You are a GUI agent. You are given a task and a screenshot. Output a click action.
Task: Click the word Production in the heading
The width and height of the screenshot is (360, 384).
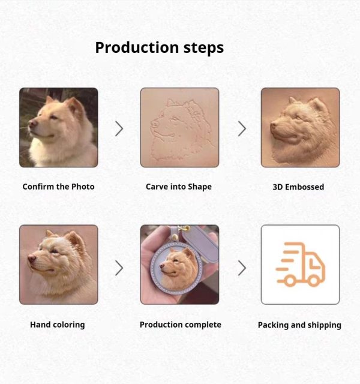(137, 47)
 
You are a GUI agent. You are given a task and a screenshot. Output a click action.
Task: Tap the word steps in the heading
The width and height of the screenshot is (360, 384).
(203, 48)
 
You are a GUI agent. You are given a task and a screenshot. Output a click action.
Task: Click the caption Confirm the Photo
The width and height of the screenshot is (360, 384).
(58, 187)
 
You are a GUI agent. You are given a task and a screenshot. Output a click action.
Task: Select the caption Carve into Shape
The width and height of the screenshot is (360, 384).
(179, 187)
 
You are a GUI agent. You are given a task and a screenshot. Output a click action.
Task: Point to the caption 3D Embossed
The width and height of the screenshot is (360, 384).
(298, 187)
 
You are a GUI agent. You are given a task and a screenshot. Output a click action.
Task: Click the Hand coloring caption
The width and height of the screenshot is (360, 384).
(58, 325)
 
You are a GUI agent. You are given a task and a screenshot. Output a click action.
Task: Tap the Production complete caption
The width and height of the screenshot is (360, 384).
(181, 325)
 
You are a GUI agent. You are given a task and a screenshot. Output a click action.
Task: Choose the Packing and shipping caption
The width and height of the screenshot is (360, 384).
(299, 325)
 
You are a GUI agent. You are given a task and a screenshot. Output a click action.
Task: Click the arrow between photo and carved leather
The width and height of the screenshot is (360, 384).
(119, 129)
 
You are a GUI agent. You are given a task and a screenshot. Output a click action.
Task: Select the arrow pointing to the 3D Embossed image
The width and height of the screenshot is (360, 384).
(242, 129)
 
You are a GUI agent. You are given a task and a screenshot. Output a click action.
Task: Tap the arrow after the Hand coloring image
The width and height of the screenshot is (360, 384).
(119, 268)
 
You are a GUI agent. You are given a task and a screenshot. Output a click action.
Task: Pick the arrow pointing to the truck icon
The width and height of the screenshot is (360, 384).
(242, 268)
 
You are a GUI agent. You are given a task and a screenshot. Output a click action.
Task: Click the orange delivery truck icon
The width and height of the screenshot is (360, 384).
(301, 265)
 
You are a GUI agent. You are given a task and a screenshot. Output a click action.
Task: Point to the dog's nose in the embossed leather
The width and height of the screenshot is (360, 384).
(274, 125)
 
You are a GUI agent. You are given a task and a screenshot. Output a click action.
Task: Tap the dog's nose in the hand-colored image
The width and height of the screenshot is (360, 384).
(32, 259)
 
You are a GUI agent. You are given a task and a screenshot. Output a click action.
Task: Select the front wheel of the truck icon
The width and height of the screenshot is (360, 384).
(313, 281)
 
